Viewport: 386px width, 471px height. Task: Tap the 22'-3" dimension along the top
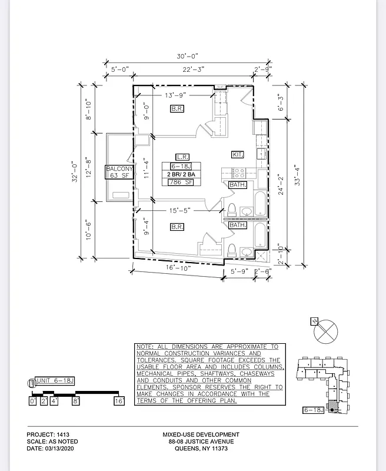tap(194, 69)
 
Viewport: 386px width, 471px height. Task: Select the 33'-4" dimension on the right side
tap(298, 173)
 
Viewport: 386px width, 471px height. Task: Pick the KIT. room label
tap(238, 154)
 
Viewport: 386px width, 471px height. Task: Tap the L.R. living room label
tap(181, 158)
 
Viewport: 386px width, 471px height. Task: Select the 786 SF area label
tap(182, 183)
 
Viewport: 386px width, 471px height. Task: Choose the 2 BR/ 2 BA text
tap(182, 175)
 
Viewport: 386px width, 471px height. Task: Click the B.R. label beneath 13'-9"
tap(177, 109)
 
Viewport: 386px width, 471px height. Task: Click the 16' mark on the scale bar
tap(118, 401)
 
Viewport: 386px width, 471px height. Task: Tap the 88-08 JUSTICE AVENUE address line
tap(201, 442)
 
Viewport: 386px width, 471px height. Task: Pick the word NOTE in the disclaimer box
tap(145, 347)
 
